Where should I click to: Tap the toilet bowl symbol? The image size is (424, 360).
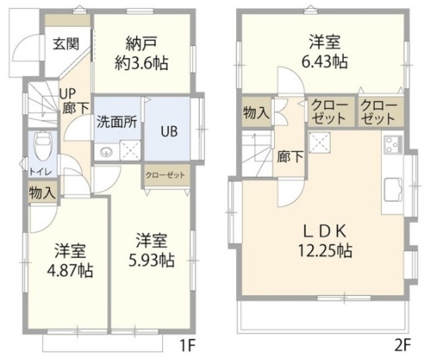click(42, 143)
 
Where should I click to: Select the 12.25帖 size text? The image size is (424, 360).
click(325, 251)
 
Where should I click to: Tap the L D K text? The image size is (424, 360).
click(325, 231)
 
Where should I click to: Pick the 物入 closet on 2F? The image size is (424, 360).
click(256, 112)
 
